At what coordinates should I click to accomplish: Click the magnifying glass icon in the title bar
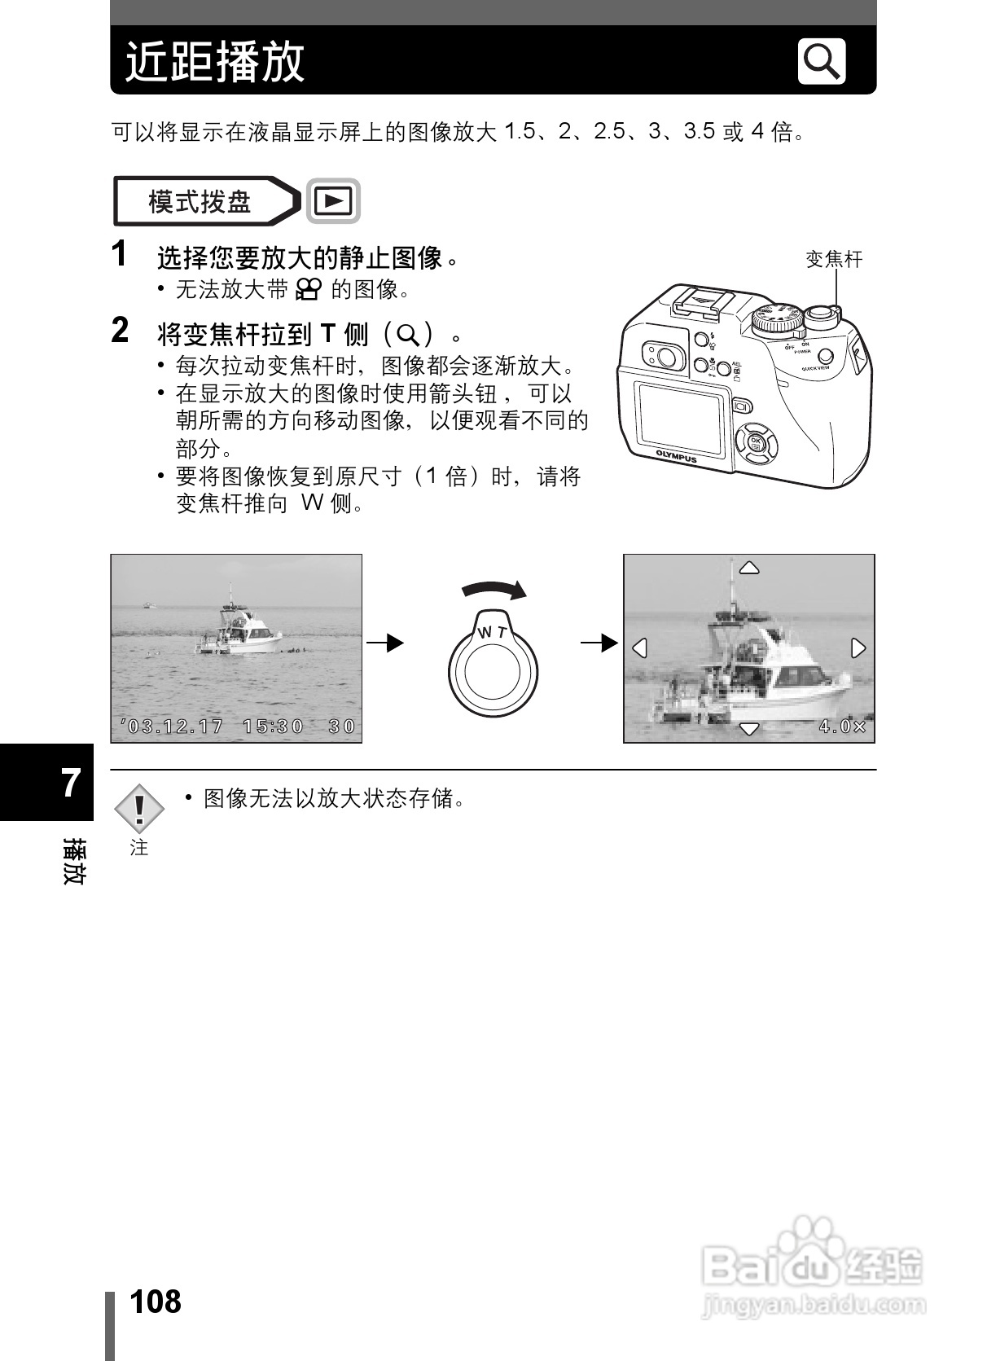click(821, 61)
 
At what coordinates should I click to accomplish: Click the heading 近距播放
click(215, 62)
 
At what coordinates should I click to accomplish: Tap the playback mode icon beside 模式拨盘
click(333, 200)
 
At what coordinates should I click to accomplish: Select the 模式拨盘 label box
click(200, 201)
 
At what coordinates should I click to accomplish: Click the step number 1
click(120, 254)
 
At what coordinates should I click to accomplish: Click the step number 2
click(120, 331)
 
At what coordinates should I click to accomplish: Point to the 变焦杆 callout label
click(833, 260)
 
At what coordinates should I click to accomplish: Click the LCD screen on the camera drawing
click(679, 419)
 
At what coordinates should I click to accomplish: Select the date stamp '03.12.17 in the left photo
click(172, 726)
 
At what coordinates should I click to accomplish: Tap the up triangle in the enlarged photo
click(748, 568)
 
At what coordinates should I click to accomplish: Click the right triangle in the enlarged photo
click(858, 648)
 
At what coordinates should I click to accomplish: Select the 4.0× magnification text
click(842, 726)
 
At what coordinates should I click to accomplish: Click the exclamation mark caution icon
click(139, 808)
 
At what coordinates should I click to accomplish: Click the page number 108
click(156, 1302)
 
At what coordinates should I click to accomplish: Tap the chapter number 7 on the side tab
click(71, 783)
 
